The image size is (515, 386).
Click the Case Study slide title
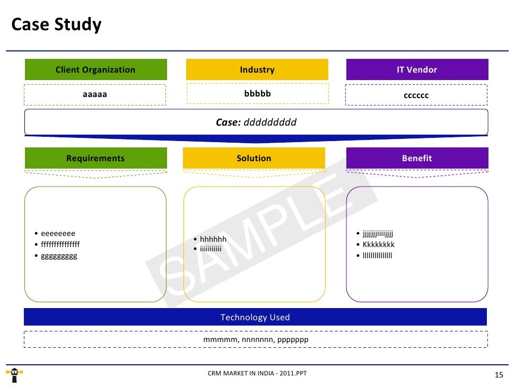[56, 25]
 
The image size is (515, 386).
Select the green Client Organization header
[95, 69]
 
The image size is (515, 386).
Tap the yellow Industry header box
[257, 69]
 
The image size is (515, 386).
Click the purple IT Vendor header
[417, 69]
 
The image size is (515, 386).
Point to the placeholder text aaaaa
[95, 95]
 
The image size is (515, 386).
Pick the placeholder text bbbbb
[257, 94]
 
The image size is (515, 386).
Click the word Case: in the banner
[228, 122]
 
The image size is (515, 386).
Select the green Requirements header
[95, 158]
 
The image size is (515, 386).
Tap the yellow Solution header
[254, 158]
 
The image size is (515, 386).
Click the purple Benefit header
[417, 158]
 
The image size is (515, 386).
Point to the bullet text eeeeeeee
[58, 233]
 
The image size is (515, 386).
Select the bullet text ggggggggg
[59, 256]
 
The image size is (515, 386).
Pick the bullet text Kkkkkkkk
[379, 244]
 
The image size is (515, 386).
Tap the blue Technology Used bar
[255, 318]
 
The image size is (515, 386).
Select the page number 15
[498, 375]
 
